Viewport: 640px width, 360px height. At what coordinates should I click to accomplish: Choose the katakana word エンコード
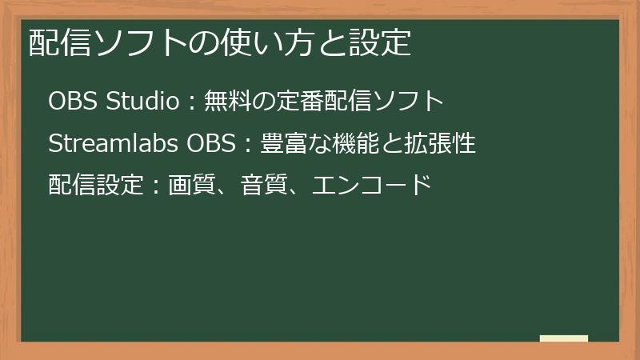pos(371,186)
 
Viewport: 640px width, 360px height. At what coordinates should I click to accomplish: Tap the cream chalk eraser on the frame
pos(563,339)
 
